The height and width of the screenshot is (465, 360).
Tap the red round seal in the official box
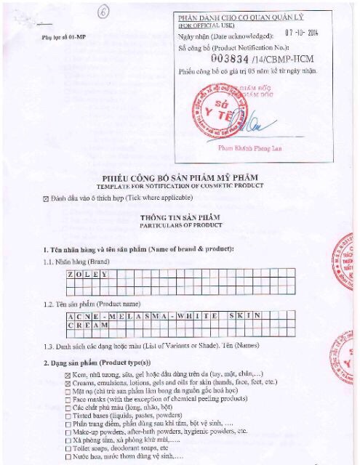point(216,109)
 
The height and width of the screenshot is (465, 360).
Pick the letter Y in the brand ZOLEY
point(105,274)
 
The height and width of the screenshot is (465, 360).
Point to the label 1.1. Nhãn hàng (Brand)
point(78,260)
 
